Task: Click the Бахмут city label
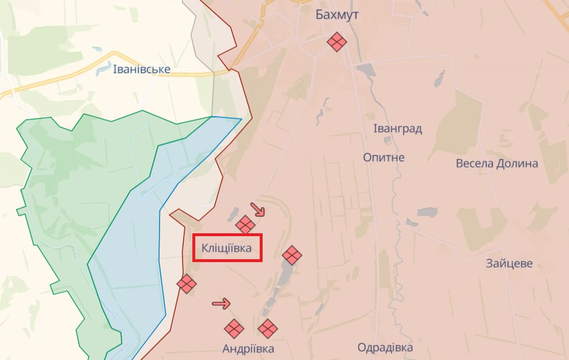(337, 15)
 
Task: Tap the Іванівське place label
(142, 69)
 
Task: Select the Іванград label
(397, 128)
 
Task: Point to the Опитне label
(384, 157)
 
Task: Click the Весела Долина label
(496, 163)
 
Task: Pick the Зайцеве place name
(509, 264)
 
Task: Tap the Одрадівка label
(385, 348)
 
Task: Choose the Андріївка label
(248, 348)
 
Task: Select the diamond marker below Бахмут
(336, 41)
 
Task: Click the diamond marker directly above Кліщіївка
(245, 225)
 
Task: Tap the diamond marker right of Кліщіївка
(292, 255)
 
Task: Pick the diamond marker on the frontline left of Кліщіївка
(187, 283)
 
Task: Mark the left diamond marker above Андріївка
(233, 328)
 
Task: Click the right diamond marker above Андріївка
(267, 328)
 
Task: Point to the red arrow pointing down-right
(258, 209)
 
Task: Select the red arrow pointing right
(222, 304)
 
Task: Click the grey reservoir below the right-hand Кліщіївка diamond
(284, 275)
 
